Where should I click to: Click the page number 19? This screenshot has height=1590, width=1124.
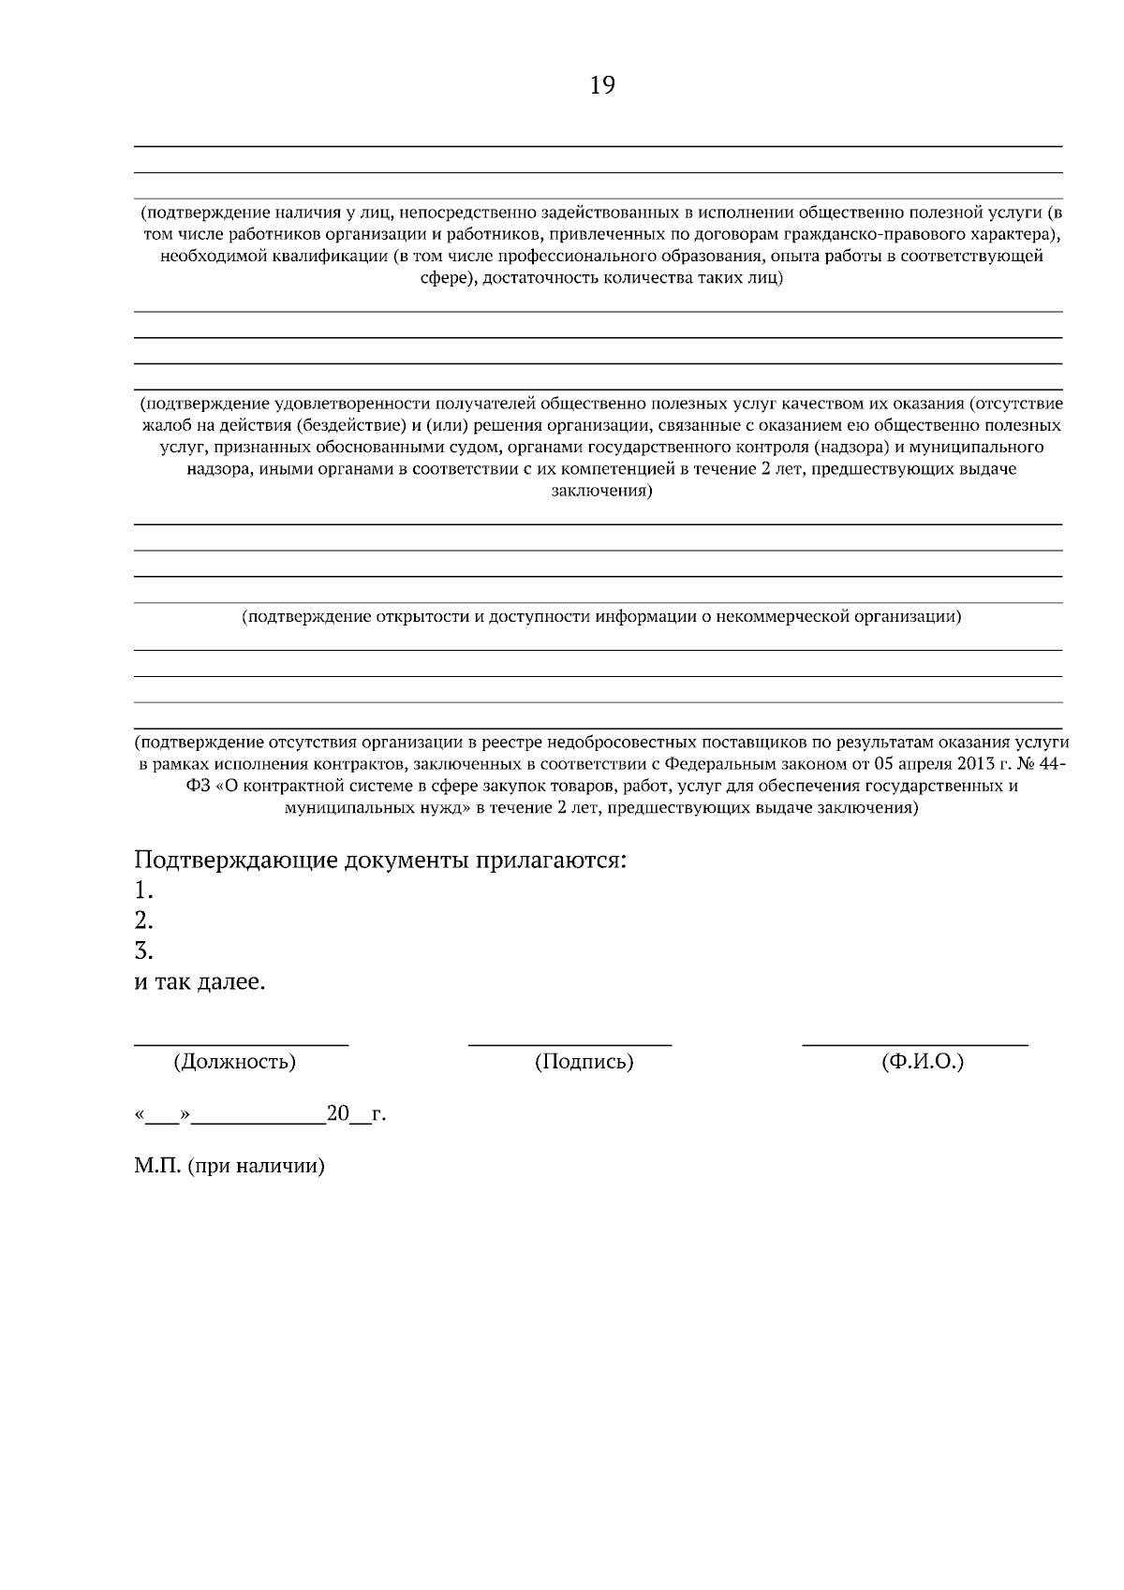point(602,86)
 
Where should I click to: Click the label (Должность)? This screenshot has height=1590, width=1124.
point(234,1062)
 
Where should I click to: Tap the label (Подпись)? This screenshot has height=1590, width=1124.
point(584,1062)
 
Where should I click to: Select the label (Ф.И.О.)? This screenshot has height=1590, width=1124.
point(922,1062)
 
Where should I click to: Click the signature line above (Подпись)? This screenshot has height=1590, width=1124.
point(569,1043)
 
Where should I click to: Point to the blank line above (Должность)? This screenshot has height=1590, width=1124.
point(241,1043)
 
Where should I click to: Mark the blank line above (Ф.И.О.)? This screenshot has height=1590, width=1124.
point(914,1043)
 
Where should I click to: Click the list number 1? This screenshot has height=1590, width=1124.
point(142,890)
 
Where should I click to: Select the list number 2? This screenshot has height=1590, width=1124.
point(142,920)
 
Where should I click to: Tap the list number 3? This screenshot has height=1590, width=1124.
point(142,951)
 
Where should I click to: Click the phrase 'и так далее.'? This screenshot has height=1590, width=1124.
point(200,983)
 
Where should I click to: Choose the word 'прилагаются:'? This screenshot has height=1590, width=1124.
point(553,860)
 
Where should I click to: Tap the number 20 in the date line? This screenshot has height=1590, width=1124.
point(337,1114)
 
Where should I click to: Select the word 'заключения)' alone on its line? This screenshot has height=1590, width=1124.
point(600,491)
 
